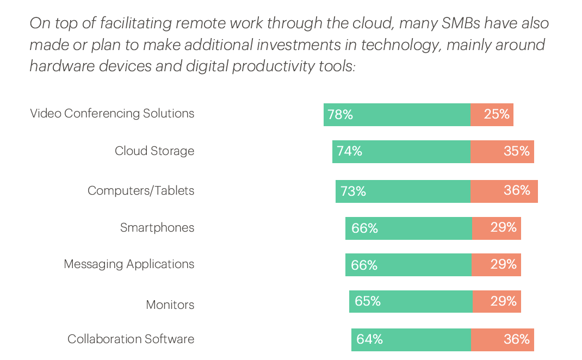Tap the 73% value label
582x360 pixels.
353,191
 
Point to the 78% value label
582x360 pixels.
340,115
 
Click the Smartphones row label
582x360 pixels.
157,228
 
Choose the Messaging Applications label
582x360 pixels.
129,264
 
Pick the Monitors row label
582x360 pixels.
170,305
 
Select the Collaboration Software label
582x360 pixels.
131,339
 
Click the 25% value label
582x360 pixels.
497,114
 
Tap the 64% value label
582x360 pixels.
370,339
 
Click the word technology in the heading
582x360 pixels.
400,45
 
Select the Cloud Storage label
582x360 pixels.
154,151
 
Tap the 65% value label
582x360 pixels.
368,301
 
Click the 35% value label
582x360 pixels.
517,151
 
